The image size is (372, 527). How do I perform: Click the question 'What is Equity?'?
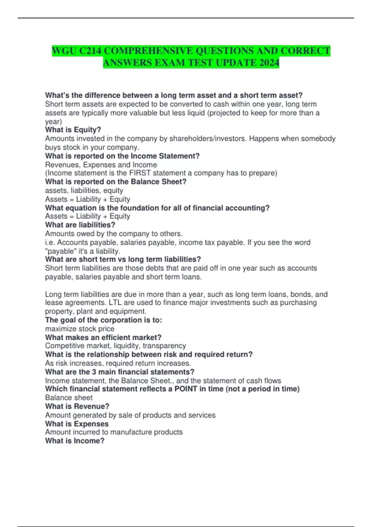point(73,130)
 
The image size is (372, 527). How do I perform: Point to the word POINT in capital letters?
point(186,389)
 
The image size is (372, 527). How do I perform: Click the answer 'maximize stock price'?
point(80,329)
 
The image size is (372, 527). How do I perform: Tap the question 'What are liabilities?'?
point(80,225)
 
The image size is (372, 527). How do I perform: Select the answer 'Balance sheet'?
point(69,398)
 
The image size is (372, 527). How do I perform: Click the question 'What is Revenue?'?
point(77,406)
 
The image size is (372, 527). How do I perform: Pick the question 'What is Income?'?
point(75,441)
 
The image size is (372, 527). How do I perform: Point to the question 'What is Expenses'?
point(77,424)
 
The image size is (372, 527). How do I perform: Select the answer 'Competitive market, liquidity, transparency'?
point(116,346)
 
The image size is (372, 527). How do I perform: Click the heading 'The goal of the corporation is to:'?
point(104,320)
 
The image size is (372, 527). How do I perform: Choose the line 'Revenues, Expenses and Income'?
point(101,165)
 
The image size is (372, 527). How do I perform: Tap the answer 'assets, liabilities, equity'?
point(84,191)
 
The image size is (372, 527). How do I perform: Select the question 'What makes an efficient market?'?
point(103,338)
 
